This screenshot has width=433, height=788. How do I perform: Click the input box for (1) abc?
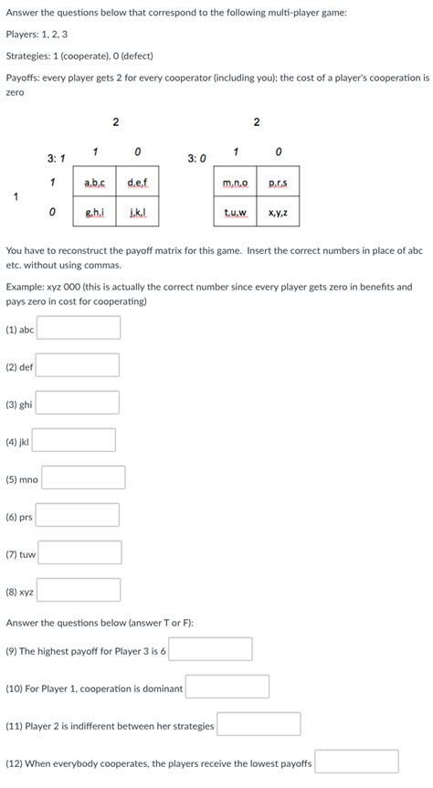tap(79, 328)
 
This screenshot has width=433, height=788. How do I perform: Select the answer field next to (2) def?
tap(78, 366)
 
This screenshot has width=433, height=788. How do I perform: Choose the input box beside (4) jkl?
tap(74, 441)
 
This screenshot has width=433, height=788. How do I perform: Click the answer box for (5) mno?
tap(83, 478)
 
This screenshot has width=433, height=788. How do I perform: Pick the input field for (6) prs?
tap(78, 516)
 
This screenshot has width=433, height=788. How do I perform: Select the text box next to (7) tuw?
tap(80, 553)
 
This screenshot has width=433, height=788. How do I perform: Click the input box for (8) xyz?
tap(79, 591)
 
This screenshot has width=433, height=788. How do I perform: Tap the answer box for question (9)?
tap(211, 650)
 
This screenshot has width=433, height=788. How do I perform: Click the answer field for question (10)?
tap(227, 688)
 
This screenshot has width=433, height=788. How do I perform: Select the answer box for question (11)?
tap(259, 725)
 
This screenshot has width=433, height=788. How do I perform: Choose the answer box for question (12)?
tap(356, 762)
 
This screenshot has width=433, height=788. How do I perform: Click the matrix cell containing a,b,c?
tap(94, 183)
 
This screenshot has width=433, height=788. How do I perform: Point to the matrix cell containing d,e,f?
tap(137, 183)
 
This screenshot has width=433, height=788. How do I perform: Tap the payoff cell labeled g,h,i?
tap(94, 213)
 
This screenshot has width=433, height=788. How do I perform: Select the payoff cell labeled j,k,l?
tap(137, 213)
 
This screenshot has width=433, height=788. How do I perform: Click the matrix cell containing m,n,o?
tap(235, 184)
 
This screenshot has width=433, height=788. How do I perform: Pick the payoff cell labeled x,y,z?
tap(278, 214)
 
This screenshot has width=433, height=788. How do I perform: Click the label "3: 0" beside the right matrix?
tap(196, 159)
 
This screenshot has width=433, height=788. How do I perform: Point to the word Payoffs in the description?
tap(23, 79)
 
